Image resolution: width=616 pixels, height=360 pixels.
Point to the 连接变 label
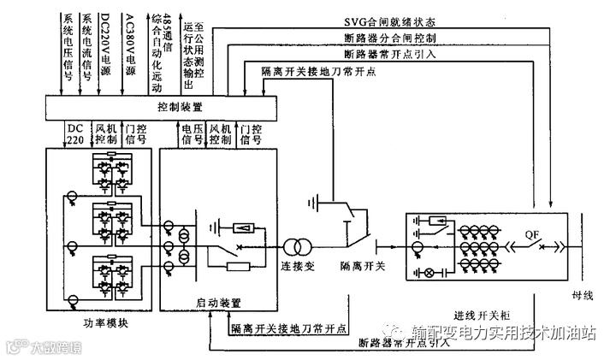(x=298, y=267)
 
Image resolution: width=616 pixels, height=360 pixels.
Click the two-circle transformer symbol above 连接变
(x=297, y=247)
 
